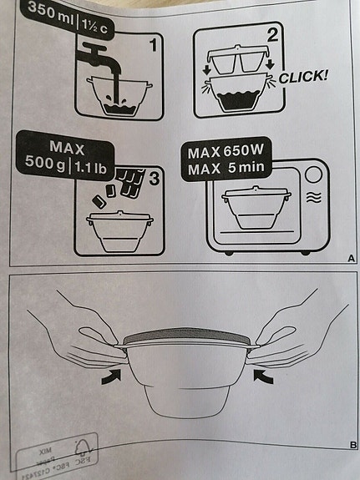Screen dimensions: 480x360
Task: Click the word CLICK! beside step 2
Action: pyautogui.click(x=304, y=76)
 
